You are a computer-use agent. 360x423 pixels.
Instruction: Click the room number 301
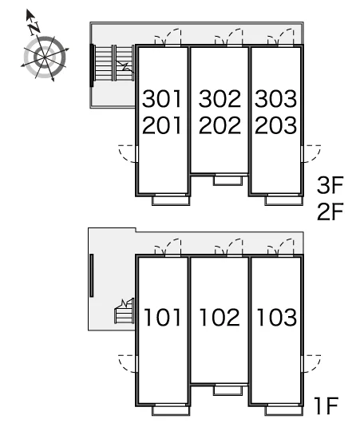(x=162, y=99)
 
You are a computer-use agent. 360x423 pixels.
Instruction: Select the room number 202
(x=220, y=125)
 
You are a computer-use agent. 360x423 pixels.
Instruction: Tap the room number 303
(x=276, y=99)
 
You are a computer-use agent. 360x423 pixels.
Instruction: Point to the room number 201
(x=162, y=125)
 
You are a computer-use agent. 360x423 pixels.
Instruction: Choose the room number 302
(x=220, y=99)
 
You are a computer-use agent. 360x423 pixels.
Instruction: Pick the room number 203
(x=276, y=125)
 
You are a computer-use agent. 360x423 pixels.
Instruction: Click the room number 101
(x=163, y=318)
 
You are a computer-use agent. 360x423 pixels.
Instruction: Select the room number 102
(x=220, y=318)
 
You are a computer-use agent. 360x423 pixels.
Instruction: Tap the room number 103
(x=277, y=318)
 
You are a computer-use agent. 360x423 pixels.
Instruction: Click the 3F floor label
(x=330, y=185)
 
